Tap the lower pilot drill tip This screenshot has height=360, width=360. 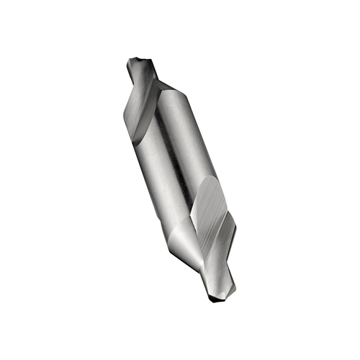coord(220,297)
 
